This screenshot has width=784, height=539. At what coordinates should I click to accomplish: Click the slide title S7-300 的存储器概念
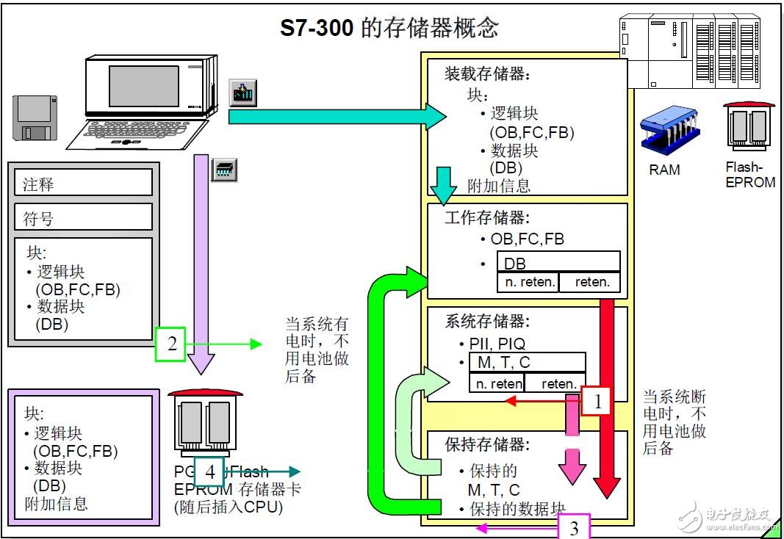tap(389, 28)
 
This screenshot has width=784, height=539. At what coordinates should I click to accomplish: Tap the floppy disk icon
tap(35, 117)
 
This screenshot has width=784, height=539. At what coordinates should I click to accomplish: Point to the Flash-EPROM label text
tap(749, 174)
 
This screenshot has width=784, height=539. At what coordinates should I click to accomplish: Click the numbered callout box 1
tap(597, 401)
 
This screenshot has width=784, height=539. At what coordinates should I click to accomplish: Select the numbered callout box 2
tap(171, 344)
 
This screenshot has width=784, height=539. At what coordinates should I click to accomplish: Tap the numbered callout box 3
tap(574, 527)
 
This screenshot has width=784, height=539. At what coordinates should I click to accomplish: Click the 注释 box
tap(83, 183)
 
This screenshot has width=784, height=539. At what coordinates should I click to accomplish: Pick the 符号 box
tap(83, 217)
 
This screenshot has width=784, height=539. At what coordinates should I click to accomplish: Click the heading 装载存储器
tap(487, 74)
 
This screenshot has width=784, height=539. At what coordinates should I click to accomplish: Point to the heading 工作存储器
tap(487, 218)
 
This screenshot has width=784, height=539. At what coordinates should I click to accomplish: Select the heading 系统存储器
tap(487, 322)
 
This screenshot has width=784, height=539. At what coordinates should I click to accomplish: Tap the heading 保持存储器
tap(487, 444)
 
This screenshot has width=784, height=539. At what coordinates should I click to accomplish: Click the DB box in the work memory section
tap(558, 262)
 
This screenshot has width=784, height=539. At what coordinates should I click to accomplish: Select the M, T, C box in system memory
tap(527, 363)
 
